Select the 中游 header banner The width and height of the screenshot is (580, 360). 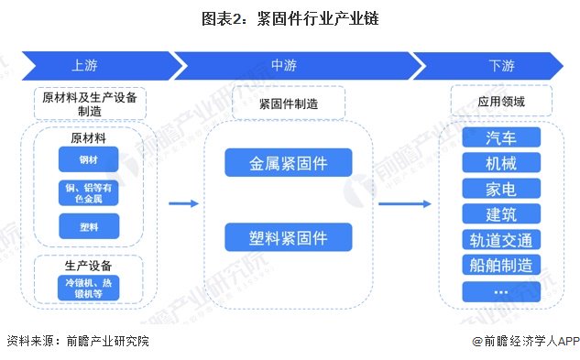point(288,66)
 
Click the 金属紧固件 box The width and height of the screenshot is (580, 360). point(289,164)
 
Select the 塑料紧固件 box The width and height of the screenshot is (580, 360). point(289,238)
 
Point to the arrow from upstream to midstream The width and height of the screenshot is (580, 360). point(184,204)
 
